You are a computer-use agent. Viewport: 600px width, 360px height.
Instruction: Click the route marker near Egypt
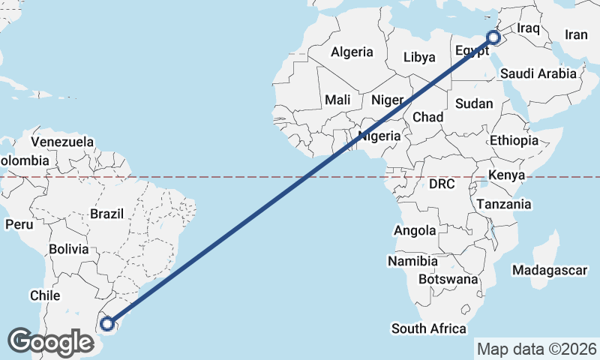pyautogui.click(x=493, y=37)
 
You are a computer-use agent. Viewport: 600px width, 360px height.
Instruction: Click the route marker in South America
pyautogui.click(x=108, y=324)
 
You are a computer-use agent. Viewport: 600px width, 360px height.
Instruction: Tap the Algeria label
pyautogui.click(x=352, y=52)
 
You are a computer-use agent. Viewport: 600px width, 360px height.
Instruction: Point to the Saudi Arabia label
pyautogui.click(x=538, y=73)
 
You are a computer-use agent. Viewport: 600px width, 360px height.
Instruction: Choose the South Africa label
pyautogui.click(x=428, y=328)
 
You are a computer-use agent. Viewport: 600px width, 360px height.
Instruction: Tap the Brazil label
pyautogui.click(x=106, y=214)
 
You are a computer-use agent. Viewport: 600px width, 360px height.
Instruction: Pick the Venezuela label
pyautogui.click(x=62, y=142)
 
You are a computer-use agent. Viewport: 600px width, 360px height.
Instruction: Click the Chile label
pyautogui.click(x=44, y=295)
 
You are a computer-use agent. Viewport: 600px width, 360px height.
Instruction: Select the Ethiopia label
pyautogui.click(x=514, y=140)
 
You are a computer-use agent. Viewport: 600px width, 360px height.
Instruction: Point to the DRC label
pyautogui.click(x=442, y=184)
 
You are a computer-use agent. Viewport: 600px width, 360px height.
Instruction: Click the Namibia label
pyautogui.click(x=412, y=262)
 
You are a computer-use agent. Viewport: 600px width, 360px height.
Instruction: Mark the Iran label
pyautogui.click(x=576, y=34)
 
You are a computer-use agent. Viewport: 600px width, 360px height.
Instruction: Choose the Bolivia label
pyautogui.click(x=68, y=249)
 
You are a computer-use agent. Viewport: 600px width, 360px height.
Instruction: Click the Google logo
pyautogui.click(x=50, y=342)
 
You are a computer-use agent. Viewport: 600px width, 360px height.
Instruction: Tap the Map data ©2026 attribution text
pyautogui.click(x=536, y=349)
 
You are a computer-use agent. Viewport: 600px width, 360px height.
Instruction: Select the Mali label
pyautogui.click(x=337, y=100)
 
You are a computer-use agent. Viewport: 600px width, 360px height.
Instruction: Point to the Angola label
pyautogui.click(x=414, y=231)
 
